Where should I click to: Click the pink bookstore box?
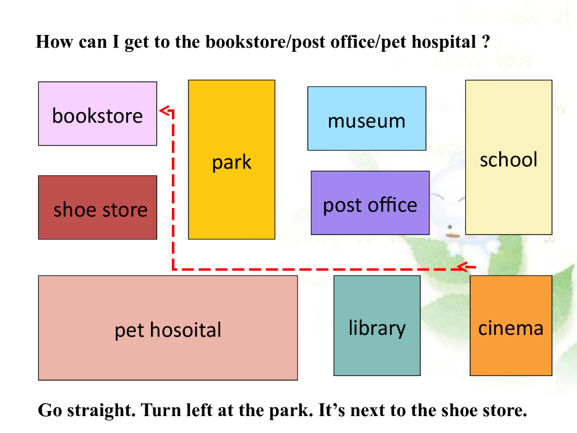pos(97,113)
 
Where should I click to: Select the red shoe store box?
pos(97,207)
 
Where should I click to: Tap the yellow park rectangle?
pos(232,160)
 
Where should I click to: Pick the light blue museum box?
pos(366,118)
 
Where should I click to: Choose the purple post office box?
pos(370,203)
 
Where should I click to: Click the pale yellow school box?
pos(508,157)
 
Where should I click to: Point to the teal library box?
pos(377,325)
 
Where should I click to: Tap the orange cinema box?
pos(511,325)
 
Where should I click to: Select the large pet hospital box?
pos(168,328)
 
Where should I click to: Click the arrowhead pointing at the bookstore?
pos(164,111)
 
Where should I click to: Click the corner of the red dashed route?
pos(173,269)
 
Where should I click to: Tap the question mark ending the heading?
pos(485,42)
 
